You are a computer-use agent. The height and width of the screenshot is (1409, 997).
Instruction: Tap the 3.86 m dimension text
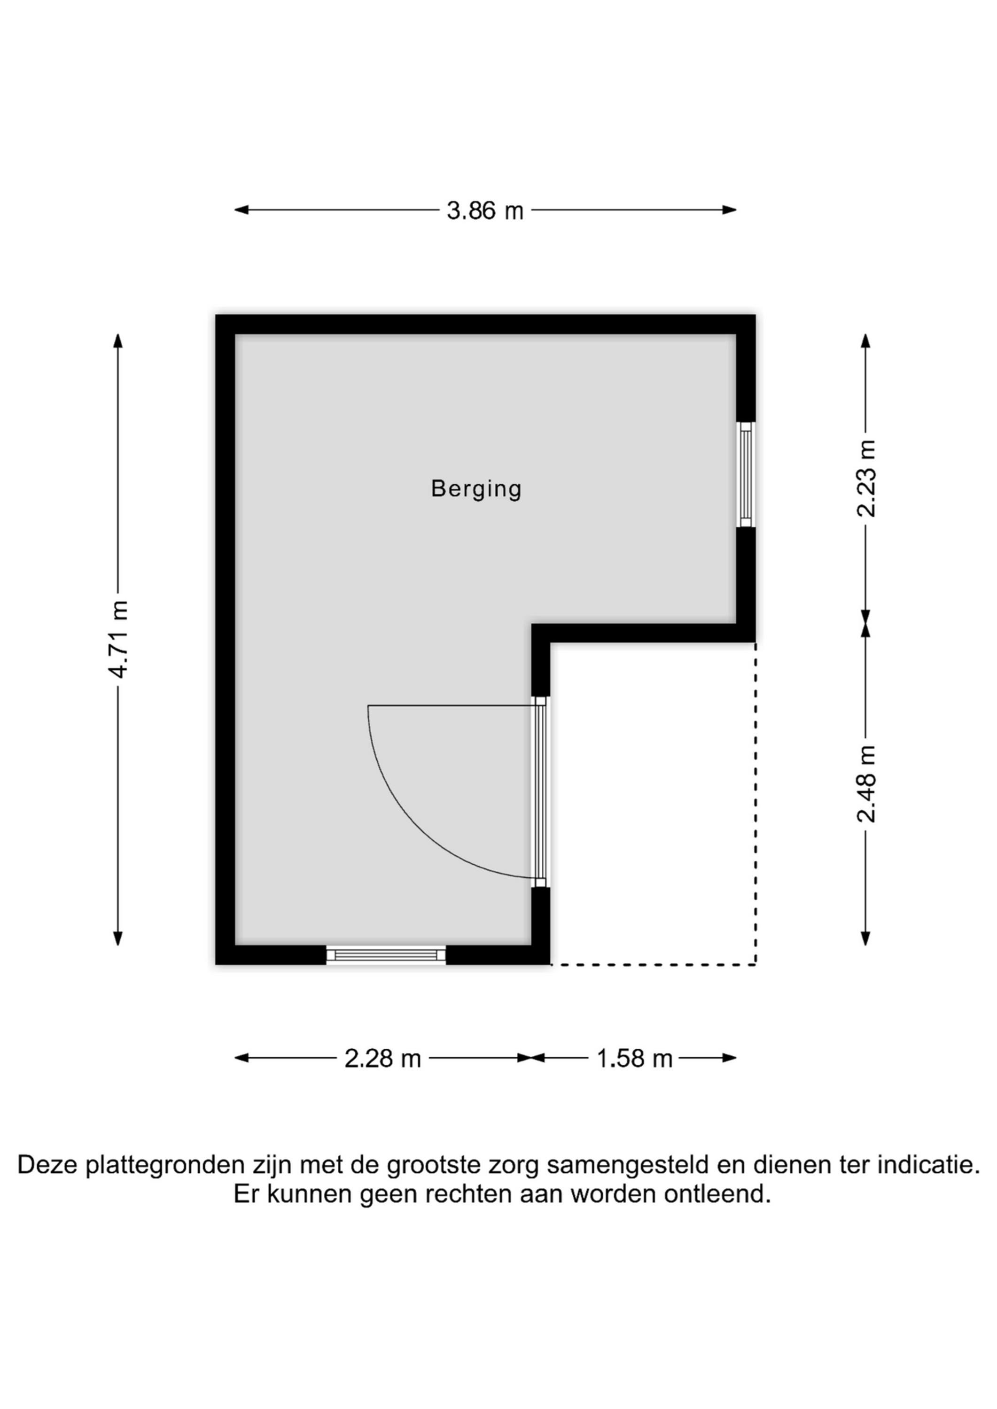click(x=485, y=211)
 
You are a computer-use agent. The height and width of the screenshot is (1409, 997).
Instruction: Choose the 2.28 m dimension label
click(x=382, y=1059)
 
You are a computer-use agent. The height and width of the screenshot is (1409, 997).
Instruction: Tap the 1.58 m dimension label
click(x=635, y=1059)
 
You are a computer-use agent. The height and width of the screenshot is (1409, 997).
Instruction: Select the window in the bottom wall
click(x=386, y=954)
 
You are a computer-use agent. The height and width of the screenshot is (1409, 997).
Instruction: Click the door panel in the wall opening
click(x=540, y=792)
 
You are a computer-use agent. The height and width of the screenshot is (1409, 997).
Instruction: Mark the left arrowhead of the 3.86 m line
click(x=241, y=210)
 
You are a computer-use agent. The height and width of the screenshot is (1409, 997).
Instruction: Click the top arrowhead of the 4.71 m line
click(x=118, y=341)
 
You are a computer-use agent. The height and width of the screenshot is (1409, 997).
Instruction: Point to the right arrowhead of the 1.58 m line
click(x=729, y=1058)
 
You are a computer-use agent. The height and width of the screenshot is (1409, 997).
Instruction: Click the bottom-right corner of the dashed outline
click(x=755, y=965)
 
